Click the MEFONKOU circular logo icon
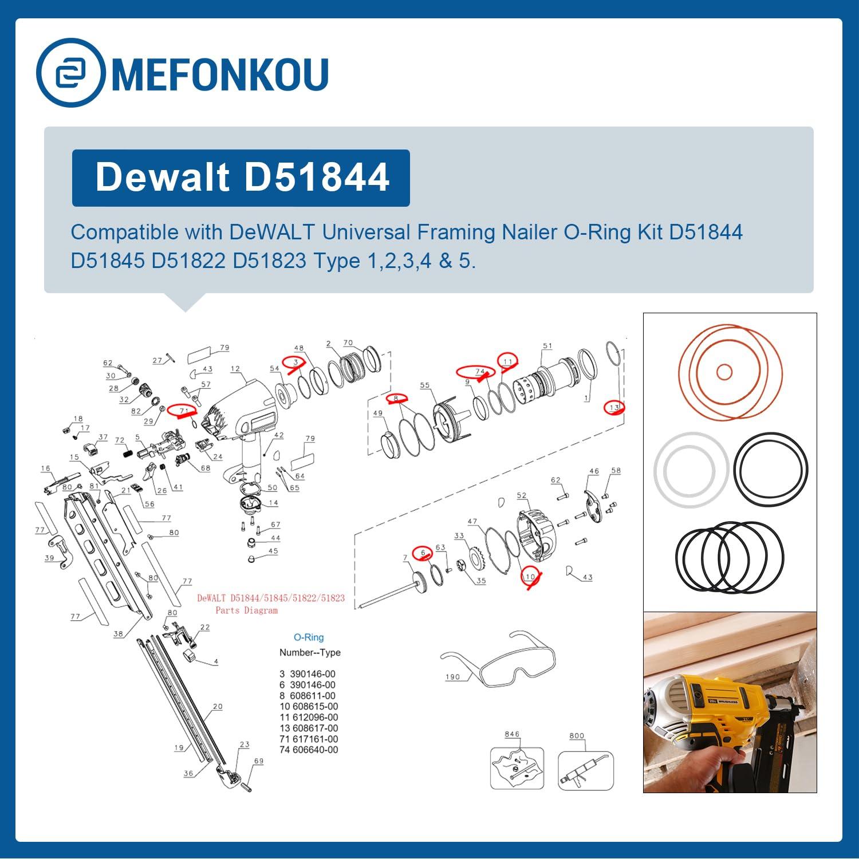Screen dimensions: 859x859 (x=70, y=73)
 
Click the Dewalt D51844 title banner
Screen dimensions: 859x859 (x=241, y=178)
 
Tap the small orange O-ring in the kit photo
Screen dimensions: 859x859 (x=724, y=372)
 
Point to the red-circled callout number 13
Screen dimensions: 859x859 (x=614, y=407)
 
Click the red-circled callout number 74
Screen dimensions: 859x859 (x=480, y=372)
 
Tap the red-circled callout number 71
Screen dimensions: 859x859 (x=183, y=411)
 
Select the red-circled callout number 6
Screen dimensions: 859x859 (x=423, y=553)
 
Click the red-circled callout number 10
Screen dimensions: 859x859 (x=530, y=577)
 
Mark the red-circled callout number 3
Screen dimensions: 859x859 (x=296, y=362)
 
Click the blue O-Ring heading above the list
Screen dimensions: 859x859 (x=309, y=637)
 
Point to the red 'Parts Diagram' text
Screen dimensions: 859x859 (x=246, y=610)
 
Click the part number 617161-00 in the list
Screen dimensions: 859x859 (x=315, y=739)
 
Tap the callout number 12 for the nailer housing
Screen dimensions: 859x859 (x=235, y=369)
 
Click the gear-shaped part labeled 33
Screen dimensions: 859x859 (x=476, y=558)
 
